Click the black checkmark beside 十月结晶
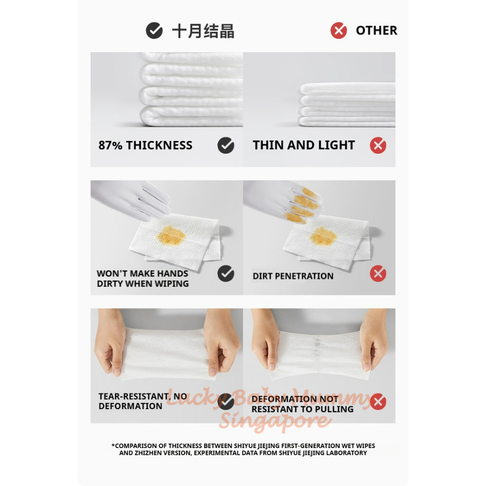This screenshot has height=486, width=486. pos(154,30)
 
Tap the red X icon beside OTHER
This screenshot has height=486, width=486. pos(338,30)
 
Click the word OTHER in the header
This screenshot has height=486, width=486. pos(376,30)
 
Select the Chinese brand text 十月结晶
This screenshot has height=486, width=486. pos(203,31)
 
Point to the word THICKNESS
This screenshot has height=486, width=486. pos(159,145)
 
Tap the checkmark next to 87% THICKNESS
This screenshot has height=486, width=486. pos(225,145)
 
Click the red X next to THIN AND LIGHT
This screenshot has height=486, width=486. pos(378,145)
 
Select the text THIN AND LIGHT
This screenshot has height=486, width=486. pos(304,145)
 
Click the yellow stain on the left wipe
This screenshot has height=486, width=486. pos(171,235)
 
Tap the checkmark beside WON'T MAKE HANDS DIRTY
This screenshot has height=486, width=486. pos(225,274)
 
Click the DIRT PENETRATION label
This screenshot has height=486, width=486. pos(293,276)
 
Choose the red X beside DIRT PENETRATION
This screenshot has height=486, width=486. pos(378,274)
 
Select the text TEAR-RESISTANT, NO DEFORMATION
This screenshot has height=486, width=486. pos(142,401)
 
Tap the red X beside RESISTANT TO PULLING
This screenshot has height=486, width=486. pos(378,402)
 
